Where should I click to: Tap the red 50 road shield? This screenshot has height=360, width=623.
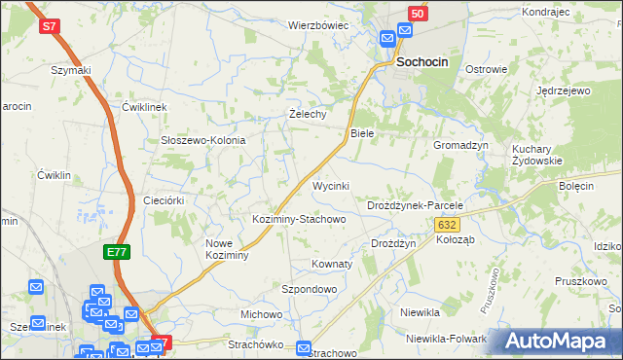tap(417, 14)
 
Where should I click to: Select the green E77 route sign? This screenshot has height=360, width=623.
tap(117, 252)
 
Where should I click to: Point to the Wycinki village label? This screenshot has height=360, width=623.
tap(330, 185)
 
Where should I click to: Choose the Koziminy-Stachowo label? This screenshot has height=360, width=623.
tap(299, 219)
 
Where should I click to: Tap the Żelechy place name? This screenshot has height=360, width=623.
tap(309, 114)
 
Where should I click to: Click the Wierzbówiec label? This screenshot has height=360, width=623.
tap(317, 25)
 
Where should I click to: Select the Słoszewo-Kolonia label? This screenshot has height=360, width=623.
tap(202, 140)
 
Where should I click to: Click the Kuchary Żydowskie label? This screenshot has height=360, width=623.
tap(537, 155)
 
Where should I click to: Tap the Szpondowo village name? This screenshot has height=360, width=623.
tap(309, 289)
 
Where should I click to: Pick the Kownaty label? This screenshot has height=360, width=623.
tap(331, 264)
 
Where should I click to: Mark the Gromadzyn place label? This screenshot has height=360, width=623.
tap(460, 144)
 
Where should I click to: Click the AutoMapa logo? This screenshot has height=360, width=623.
tap(561, 342)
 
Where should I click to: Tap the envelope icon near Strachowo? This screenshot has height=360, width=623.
tap(304, 347)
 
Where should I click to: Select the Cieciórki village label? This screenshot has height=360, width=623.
tap(164, 199)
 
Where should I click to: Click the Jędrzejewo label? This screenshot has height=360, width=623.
tap(564, 90)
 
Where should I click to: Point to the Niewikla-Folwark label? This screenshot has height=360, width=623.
tap(447, 339)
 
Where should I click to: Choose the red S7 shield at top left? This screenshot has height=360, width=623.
tap(50, 26)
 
